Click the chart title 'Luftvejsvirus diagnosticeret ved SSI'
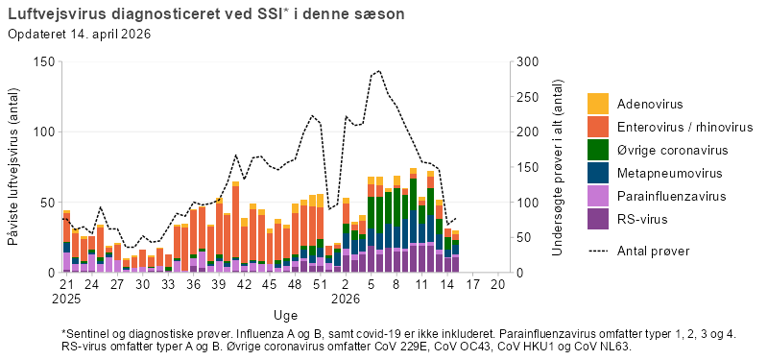[144, 14]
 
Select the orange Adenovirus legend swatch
[598, 104]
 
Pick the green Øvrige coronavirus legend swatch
[598, 150]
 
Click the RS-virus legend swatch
[598, 220]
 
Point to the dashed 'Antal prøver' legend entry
[653, 251]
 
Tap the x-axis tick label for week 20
[497, 286]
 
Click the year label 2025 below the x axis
[66, 300]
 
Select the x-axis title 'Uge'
[285, 314]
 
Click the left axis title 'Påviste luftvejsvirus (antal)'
[14, 167]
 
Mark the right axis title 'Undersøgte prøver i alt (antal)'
[558, 167]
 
